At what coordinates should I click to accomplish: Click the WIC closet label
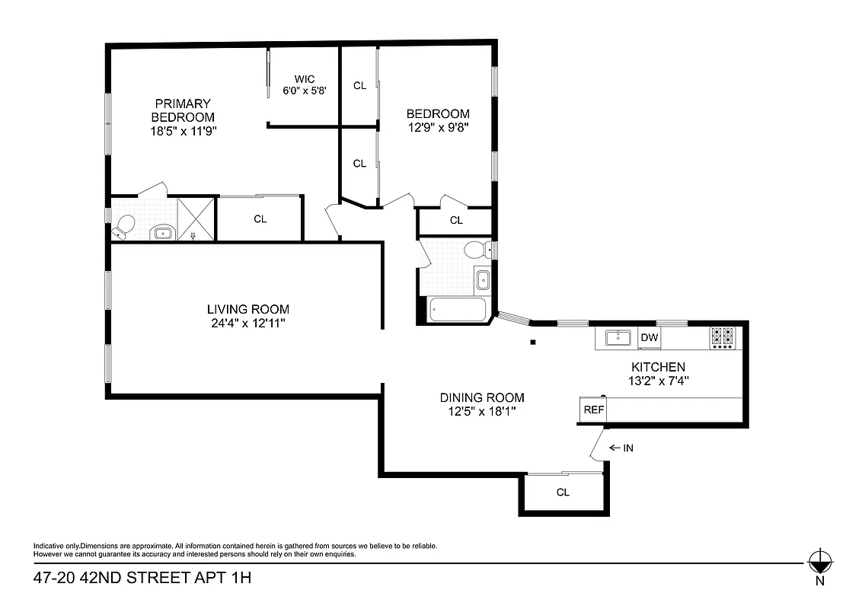point(305,79)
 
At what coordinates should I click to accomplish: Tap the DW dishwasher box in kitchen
point(649,338)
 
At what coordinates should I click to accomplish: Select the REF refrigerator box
point(593,410)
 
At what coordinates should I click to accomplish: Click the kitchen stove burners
point(722,337)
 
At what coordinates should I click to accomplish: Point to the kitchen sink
point(616,338)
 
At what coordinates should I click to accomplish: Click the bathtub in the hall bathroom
point(458,310)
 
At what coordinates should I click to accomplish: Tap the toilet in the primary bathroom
point(123,225)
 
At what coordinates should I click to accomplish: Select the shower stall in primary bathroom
point(196,219)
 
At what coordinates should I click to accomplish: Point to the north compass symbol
point(819,564)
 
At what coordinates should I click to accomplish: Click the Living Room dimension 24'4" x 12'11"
point(248,323)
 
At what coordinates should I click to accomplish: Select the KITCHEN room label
point(652,367)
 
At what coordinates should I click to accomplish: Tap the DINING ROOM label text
point(482,397)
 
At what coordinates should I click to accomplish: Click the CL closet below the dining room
point(563,493)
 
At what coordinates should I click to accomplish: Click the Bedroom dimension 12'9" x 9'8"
point(438,128)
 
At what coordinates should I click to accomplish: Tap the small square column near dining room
point(534,343)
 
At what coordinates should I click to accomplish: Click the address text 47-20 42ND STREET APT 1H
point(142,579)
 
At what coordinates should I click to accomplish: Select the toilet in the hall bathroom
point(477,249)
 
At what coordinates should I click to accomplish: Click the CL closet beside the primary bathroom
point(260,219)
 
